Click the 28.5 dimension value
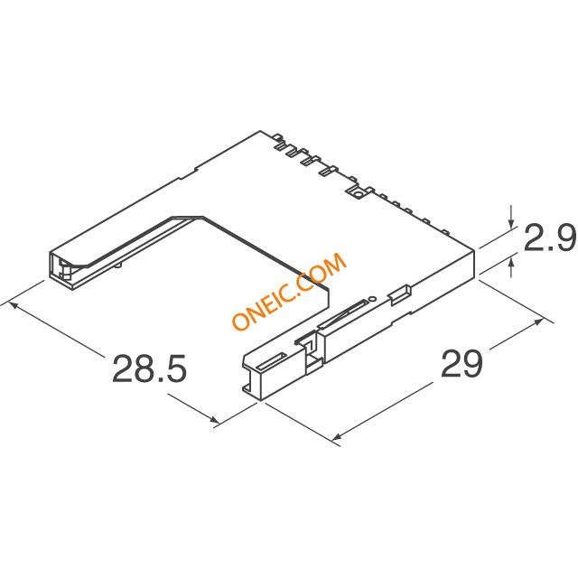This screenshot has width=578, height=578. tap(150, 368)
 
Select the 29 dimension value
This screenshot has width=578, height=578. tap(461, 363)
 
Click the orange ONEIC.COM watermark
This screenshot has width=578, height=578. tap(289, 291)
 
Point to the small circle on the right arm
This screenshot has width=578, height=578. tap(372, 299)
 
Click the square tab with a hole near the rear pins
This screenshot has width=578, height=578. tap(358, 192)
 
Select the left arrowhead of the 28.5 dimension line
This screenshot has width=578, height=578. tap(13, 305)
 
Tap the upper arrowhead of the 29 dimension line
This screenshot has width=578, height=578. tap(538, 322)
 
